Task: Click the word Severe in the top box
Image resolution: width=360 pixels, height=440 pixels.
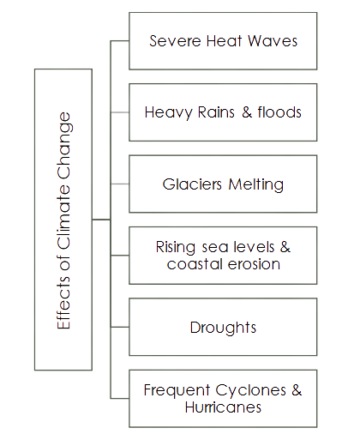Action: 175,41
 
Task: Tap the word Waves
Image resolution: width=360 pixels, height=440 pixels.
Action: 273,41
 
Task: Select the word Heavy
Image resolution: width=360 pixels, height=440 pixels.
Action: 168,112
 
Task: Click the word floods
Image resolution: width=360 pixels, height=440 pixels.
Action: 279,112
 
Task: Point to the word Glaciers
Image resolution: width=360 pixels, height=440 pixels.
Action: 192,184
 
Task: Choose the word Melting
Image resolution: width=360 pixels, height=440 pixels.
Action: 256,184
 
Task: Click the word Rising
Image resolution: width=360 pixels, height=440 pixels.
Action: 176,247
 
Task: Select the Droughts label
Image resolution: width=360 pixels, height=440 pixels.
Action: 223,328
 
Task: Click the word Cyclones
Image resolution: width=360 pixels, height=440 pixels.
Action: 250,390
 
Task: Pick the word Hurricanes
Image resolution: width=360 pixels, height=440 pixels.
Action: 223,407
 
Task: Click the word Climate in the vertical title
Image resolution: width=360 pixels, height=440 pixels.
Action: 63,217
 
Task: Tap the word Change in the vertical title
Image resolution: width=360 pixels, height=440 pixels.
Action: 64,145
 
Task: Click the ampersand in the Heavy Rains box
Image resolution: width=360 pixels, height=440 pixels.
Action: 247,112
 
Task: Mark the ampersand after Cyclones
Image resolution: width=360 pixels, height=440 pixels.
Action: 297,390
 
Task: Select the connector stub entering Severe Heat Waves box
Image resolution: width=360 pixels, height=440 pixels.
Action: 120,41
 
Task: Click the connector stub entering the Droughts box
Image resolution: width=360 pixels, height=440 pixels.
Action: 120,327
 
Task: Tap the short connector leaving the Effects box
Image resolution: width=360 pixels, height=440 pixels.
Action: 101,220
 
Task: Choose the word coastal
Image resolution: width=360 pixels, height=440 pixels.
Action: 195,264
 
